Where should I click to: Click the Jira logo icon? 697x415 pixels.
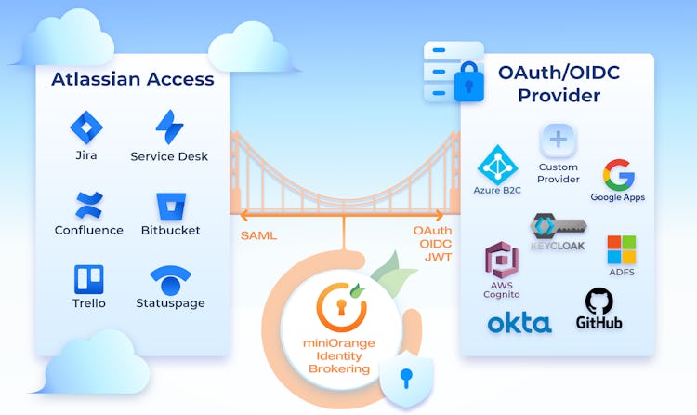tap(86, 127)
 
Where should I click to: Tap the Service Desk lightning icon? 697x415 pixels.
tap(169, 127)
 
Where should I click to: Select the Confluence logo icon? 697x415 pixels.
tap(88, 204)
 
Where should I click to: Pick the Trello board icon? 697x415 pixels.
tap(88, 279)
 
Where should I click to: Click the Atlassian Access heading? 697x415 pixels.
tap(133, 79)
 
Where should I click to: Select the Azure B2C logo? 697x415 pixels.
tap(497, 164)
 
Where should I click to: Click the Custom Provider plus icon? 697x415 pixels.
tap(559, 141)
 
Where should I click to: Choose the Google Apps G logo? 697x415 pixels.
tap(618, 174)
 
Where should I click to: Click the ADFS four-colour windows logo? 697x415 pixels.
tap(622, 249)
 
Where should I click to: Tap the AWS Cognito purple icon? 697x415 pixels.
tap(502, 260)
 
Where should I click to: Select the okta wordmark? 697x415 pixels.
tap(519, 323)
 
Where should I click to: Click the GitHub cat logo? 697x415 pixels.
tap(599, 301)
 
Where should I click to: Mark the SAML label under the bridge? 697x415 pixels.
tap(258, 235)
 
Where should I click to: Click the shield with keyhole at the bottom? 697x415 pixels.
tap(405, 377)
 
